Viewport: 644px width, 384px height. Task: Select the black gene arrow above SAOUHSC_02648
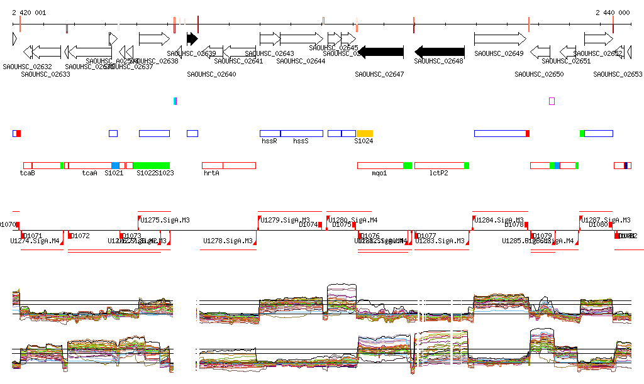(x=440, y=52)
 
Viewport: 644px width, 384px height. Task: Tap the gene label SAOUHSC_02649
(x=499, y=54)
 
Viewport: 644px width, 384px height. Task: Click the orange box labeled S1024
(x=365, y=133)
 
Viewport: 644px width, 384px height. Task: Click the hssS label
(x=301, y=141)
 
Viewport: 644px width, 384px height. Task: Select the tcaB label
(x=27, y=173)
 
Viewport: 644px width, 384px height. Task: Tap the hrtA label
(x=211, y=173)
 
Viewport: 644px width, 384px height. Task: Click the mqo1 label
(x=379, y=173)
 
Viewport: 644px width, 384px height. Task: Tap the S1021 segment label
(x=114, y=173)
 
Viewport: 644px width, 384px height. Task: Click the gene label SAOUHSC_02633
(x=45, y=74)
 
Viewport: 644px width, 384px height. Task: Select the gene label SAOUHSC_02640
(x=211, y=74)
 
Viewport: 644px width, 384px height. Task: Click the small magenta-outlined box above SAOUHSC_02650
(x=552, y=101)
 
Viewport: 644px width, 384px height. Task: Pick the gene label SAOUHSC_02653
(x=618, y=74)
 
